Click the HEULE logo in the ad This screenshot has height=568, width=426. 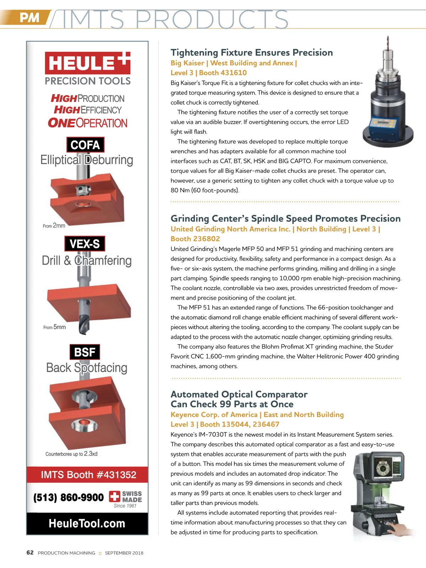(x=87, y=63)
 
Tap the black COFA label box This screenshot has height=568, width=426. (x=85, y=145)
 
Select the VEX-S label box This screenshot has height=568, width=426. (x=85, y=244)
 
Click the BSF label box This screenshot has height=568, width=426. (x=84, y=352)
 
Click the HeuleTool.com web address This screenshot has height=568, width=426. (x=87, y=523)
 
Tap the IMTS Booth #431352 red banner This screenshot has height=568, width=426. (x=88, y=475)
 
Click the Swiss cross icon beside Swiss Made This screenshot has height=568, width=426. (x=114, y=496)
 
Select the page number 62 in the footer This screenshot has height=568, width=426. (x=30, y=552)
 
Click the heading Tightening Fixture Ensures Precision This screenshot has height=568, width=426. (x=251, y=53)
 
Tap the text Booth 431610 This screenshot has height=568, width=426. (x=223, y=73)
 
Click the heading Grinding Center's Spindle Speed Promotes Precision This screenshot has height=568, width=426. (x=285, y=218)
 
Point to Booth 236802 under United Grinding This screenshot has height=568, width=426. (x=195, y=239)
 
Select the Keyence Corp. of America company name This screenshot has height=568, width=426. (x=214, y=415)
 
